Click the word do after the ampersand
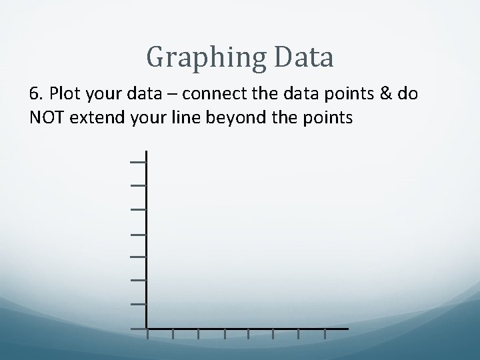[x=408, y=94]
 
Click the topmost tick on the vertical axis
[x=138, y=161]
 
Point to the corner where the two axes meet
[x=146, y=329]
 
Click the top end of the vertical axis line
[x=146, y=152]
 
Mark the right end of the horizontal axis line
[x=347, y=329]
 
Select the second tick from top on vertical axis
[x=138, y=185]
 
